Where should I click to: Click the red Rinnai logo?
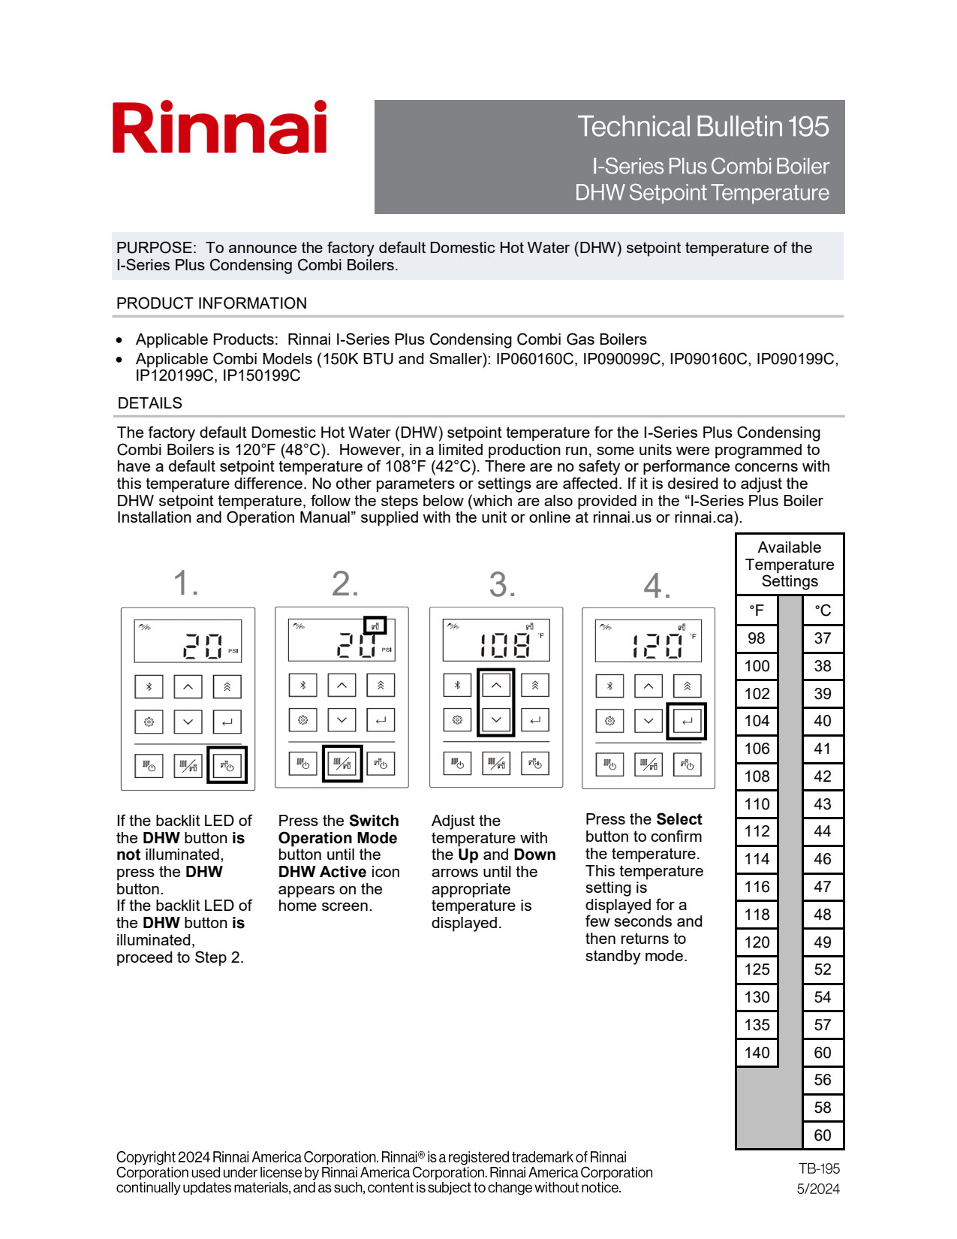(219, 128)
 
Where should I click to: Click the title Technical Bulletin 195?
(703, 127)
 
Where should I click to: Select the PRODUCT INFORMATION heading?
(212, 303)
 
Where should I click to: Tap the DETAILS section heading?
(150, 403)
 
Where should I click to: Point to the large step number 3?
(501, 584)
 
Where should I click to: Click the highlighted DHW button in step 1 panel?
(227, 765)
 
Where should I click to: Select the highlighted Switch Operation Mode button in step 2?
(342, 764)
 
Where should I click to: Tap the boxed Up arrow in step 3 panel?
(496, 685)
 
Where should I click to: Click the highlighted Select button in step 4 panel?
(687, 721)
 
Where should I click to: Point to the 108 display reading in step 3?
(505, 645)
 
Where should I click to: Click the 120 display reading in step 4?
(657, 645)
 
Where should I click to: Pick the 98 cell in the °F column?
(757, 638)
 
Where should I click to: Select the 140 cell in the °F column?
(757, 1053)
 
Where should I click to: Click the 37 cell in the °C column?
(823, 638)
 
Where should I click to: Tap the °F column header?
(757, 610)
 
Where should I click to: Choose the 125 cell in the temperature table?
(757, 969)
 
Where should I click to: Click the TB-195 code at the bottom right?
(819, 1169)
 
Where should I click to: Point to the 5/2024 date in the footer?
(818, 1189)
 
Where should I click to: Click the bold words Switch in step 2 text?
(374, 821)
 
